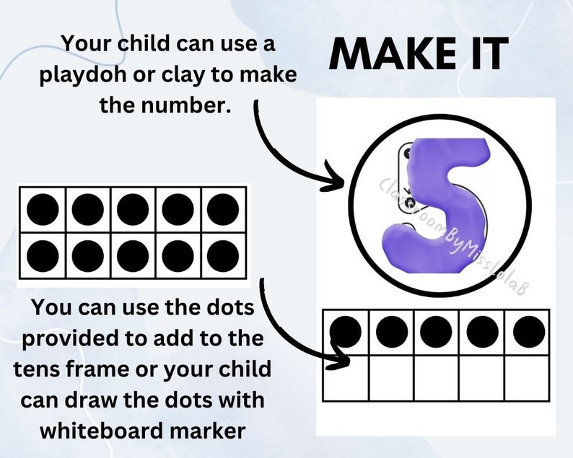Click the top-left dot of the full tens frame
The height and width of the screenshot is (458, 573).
(x=42, y=210)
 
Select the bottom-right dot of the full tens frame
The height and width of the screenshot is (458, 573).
(x=223, y=255)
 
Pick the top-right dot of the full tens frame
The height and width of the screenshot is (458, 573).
(x=223, y=210)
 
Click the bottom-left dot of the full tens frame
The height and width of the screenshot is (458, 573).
(x=42, y=255)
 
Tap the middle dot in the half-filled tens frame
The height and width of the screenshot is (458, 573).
(x=437, y=332)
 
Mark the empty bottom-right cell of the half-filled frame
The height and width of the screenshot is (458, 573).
(x=527, y=378)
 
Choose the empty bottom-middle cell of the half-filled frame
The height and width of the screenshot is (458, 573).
(x=437, y=378)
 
